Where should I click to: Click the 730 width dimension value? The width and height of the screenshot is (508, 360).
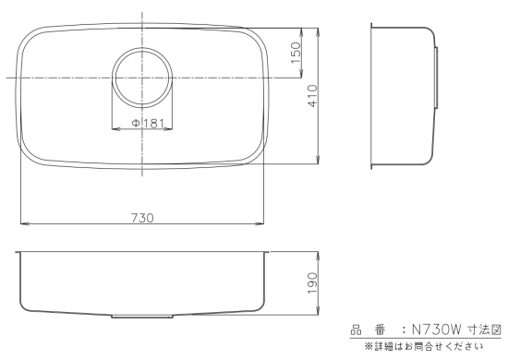[142, 218]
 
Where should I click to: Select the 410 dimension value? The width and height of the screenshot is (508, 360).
[313, 96]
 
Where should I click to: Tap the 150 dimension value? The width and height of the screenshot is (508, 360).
[296, 53]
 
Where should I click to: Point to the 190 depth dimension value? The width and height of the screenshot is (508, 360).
[313, 283]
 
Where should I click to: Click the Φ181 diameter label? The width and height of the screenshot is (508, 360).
[148, 124]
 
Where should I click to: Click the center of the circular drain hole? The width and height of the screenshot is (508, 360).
[142, 78]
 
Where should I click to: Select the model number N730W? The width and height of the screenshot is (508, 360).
[436, 330]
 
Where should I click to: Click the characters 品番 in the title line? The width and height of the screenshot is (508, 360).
[368, 330]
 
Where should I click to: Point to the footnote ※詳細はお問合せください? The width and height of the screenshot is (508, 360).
[424, 347]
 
